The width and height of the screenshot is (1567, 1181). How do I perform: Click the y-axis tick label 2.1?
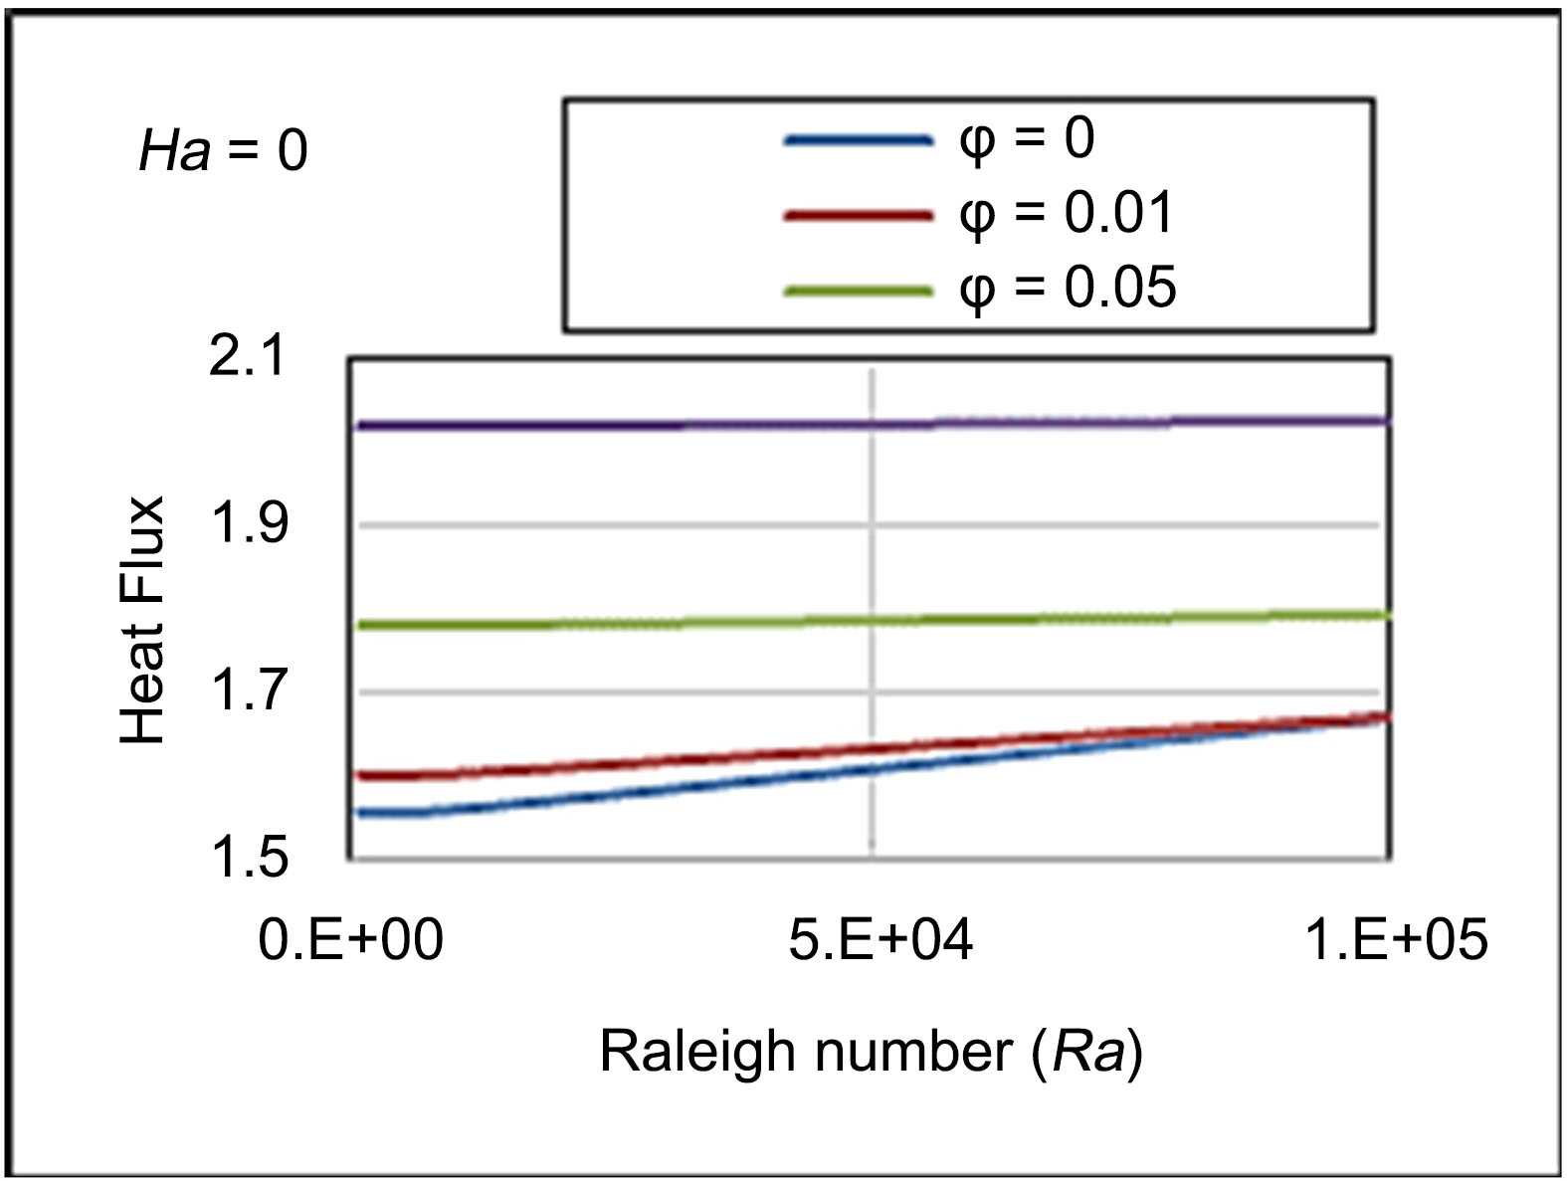point(248,355)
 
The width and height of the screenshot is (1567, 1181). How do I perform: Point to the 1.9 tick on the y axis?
point(248,523)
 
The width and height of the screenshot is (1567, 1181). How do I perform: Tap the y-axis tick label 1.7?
point(248,690)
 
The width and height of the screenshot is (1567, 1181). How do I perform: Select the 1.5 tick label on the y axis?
point(248,858)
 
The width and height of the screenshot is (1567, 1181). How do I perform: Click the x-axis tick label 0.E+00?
point(350,938)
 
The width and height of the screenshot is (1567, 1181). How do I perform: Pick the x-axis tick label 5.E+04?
point(881,938)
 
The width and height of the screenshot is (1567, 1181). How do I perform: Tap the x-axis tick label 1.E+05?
point(1396,938)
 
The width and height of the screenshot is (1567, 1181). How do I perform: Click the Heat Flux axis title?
point(142,620)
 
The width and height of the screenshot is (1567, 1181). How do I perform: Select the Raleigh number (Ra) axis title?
point(871,1051)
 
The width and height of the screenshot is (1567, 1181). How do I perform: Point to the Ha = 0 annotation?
point(224,151)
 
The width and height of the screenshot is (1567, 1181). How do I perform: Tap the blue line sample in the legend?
point(858,141)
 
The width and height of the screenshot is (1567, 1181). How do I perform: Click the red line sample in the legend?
point(858,215)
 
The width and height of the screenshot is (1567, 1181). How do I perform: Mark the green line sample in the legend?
point(858,291)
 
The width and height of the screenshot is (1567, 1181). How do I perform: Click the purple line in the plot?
point(871,424)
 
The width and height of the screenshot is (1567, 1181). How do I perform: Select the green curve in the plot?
point(871,621)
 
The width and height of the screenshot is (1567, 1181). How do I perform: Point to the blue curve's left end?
point(360,813)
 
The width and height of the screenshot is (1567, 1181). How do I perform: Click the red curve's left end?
point(360,775)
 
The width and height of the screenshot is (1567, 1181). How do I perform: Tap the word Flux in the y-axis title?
point(142,550)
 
